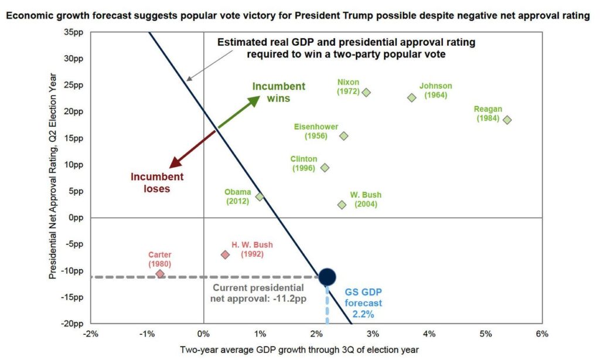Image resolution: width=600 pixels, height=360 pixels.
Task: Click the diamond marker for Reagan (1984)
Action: (507, 120)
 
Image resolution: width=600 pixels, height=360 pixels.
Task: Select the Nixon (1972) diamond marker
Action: (366, 92)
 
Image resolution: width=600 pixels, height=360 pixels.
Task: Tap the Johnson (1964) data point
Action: (411, 97)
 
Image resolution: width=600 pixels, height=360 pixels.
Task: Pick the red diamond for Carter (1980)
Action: (159, 274)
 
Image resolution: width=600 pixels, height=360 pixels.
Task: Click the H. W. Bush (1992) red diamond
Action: (225, 254)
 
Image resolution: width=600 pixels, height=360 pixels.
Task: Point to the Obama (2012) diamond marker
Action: (260, 197)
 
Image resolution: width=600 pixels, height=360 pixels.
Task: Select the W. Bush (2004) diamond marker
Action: (342, 205)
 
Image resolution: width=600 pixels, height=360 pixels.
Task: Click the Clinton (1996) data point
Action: (325, 168)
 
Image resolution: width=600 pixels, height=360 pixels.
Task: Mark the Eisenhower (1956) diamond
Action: (343, 136)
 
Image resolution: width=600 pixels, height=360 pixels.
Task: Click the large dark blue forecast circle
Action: (327, 277)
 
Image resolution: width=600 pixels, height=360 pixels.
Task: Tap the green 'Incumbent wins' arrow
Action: (238, 112)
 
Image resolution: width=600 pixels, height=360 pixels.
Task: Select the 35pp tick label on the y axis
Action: (74, 32)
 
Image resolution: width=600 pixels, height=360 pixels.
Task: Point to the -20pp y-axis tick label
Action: (74, 324)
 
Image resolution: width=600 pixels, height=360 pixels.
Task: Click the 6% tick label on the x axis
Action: (541, 334)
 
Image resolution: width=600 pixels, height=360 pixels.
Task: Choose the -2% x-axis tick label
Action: (90, 334)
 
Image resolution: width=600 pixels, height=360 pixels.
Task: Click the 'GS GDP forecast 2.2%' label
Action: (363, 303)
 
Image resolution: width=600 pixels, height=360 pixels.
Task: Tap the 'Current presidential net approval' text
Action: (258, 293)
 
